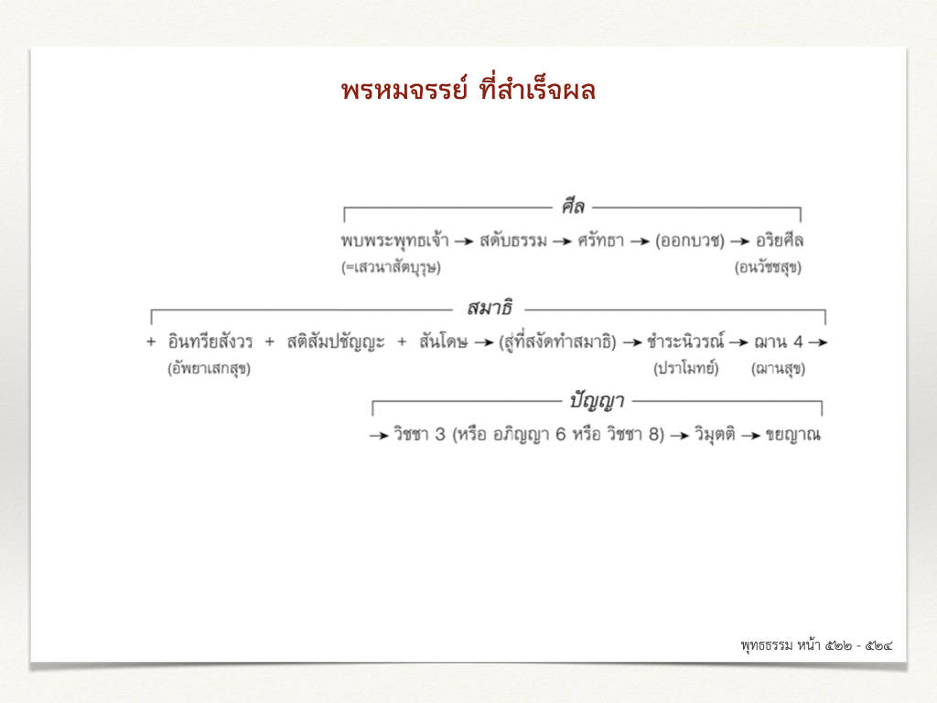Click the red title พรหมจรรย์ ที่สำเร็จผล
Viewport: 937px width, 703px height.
pyautogui.click(x=468, y=90)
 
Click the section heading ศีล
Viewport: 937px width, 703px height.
pyautogui.click(x=572, y=206)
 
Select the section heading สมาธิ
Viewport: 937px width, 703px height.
pyautogui.click(x=490, y=308)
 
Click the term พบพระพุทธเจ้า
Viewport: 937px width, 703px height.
pyautogui.click(x=394, y=241)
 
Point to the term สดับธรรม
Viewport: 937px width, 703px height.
pyautogui.click(x=512, y=241)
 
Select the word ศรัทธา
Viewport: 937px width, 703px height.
pyautogui.click(x=600, y=241)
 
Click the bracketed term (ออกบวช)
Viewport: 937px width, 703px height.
pyautogui.click(x=689, y=241)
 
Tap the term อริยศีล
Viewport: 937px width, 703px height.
pyautogui.click(x=780, y=241)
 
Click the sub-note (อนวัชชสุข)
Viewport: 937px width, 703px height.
pyautogui.click(x=768, y=267)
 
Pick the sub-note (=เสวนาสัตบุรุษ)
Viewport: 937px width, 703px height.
pyautogui.click(x=391, y=267)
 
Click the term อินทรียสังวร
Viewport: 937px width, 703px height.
pyautogui.click(x=210, y=341)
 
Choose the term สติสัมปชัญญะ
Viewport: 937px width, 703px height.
pyautogui.click(x=335, y=342)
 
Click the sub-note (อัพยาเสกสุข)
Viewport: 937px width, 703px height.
pyautogui.click(x=209, y=368)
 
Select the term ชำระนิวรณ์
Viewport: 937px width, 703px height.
pyautogui.click(x=685, y=341)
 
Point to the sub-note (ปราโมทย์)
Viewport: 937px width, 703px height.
pyautogui.click(x=685, y=368)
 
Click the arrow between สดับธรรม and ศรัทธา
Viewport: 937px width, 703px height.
pyautogui.click(x=563, y=242)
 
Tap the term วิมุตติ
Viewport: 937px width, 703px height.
pyautogui.click(x=714, y=434)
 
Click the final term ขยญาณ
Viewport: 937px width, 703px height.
pyautogui.click(x=793, y=435)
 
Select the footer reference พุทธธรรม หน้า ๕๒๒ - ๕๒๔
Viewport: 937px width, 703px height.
pyautogui.click(x=816, y=645)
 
